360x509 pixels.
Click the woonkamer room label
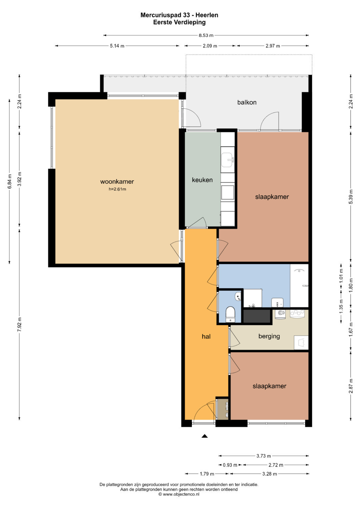117,182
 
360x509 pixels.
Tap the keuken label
202,180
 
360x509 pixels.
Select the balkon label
247,102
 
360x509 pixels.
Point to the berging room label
269,336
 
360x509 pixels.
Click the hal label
206,336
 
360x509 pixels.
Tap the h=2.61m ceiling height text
117,189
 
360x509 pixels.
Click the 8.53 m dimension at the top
206,35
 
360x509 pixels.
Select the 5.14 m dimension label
117,46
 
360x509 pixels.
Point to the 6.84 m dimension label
10,181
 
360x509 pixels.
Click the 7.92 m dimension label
19,324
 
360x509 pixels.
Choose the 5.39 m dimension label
351,197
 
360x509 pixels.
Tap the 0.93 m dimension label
230,465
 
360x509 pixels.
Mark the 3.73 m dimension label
264,456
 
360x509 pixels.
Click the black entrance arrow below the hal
205,436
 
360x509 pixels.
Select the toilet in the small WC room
230,314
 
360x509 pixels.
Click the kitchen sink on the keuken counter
227,159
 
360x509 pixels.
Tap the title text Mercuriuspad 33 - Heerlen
179,15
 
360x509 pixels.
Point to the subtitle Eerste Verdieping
179,22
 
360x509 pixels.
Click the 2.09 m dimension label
210,46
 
